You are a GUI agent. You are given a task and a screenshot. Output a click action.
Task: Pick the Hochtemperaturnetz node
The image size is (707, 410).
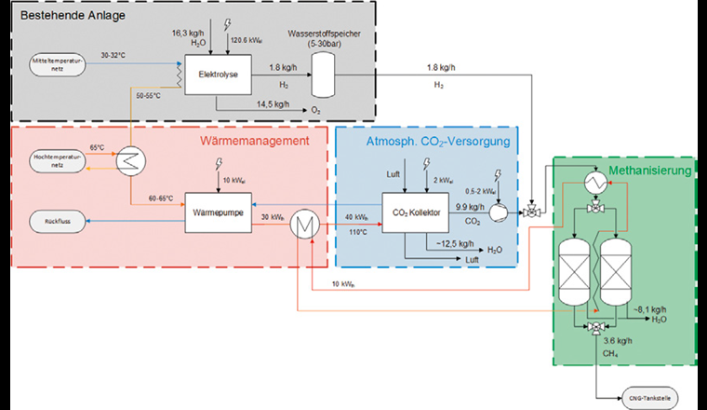pos(58,158)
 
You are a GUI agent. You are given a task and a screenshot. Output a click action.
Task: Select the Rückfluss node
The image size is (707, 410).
pos(58,221)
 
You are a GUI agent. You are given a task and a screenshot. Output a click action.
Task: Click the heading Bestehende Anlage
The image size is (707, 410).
pos(73,16)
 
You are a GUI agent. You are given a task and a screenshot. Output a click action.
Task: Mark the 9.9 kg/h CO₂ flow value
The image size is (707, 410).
pos(469,207)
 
